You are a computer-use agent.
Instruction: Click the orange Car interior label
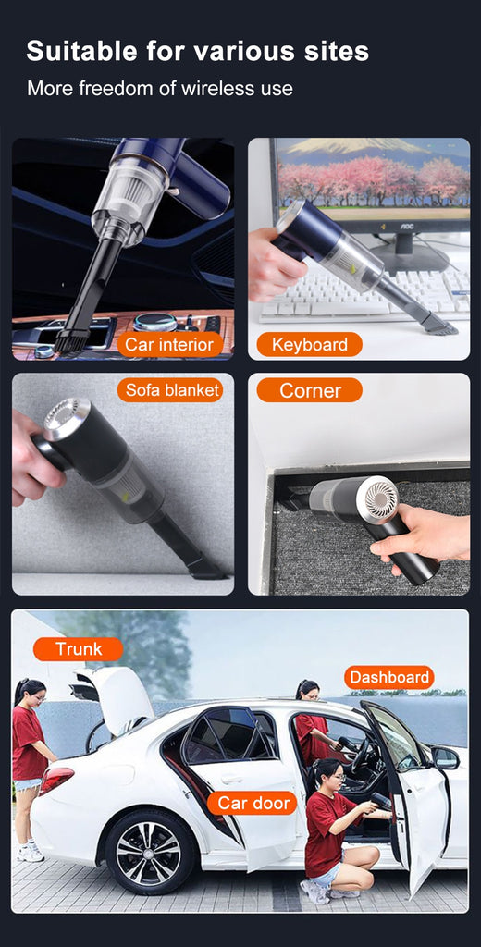coord(170,344)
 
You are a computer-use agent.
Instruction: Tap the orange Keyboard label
coord(309,344)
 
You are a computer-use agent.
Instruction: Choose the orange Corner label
coord(309,390)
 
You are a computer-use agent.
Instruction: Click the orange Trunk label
coord(79,649)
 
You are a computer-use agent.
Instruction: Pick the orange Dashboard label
coord(389,677)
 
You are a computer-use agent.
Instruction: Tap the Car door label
coord(252,803)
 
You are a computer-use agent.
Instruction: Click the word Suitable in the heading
coord(82,52)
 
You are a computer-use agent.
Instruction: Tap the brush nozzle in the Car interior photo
coord(71,340)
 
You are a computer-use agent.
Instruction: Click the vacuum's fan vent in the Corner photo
coord(380,498)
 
